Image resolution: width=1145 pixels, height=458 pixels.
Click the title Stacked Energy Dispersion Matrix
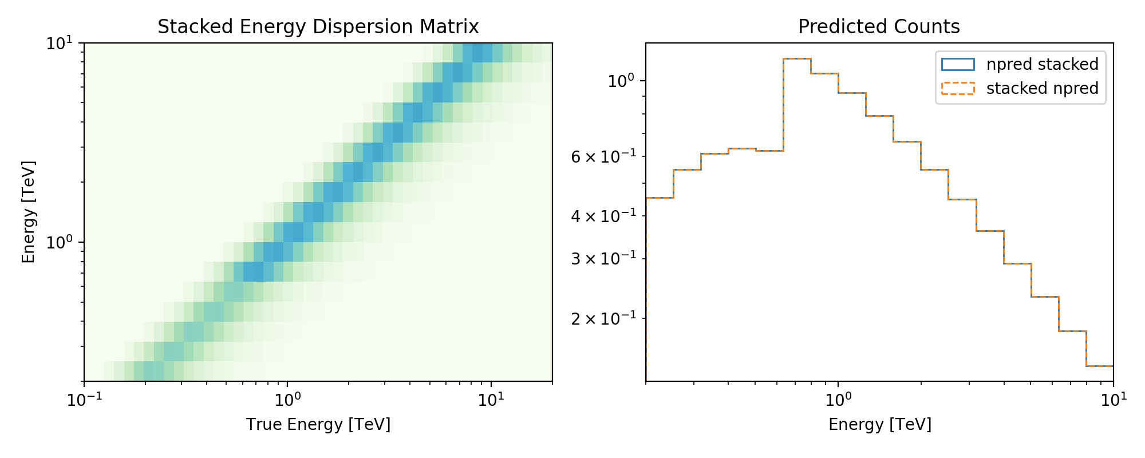click(318, 27)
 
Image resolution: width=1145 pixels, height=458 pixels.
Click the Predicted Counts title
click(879, 27)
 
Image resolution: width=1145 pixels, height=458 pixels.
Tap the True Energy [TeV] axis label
click(318, 424)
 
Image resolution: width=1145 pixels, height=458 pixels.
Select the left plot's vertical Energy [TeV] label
click(29, 212)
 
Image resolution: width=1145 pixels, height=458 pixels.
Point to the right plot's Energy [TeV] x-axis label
click(880, 424)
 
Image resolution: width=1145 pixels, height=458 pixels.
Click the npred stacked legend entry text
click(1042, 64)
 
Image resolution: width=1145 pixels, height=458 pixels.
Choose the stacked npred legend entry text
click(1042, 88)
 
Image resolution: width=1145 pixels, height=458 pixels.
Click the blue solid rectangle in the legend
click(958, 64)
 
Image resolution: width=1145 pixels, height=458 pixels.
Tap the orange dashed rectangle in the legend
click(958, 88)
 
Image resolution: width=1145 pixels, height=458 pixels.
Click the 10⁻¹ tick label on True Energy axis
click(84, 399)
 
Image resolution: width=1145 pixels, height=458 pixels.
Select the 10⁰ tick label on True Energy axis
click(287, 399)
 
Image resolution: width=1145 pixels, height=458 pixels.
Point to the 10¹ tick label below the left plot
click(491, 399)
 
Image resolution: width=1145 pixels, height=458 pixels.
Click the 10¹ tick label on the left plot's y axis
click(60, 43)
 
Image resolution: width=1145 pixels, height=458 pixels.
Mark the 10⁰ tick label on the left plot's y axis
click(60, 242)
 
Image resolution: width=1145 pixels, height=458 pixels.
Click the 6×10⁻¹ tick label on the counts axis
click(603, 156)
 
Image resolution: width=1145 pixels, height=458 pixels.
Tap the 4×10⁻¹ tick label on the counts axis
click(603, 216)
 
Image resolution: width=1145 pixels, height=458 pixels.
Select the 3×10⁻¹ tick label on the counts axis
click(603, 258)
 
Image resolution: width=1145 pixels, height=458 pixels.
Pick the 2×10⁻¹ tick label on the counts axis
click(603, 318)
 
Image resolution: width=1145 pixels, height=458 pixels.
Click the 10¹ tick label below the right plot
click(1113, 399)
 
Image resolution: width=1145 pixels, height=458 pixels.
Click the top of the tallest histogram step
click(797, 58)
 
